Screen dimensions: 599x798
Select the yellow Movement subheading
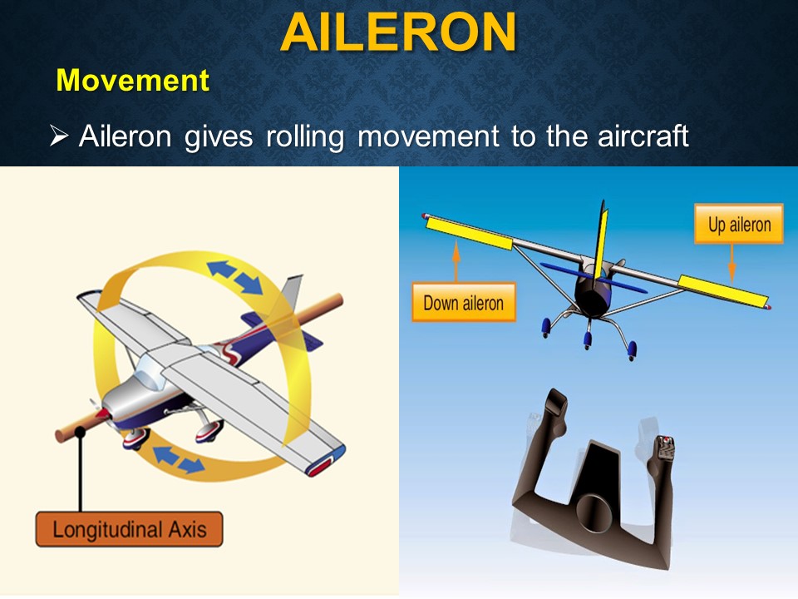(x=132, y=81)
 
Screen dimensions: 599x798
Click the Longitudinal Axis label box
(x=129, y=529)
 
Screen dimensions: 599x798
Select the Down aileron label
(x=463, y=303)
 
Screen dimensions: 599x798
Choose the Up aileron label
(x=739, y=225)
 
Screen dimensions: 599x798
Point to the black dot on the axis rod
(x=81, y=432)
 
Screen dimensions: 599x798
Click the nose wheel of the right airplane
(x=588, y=339)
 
